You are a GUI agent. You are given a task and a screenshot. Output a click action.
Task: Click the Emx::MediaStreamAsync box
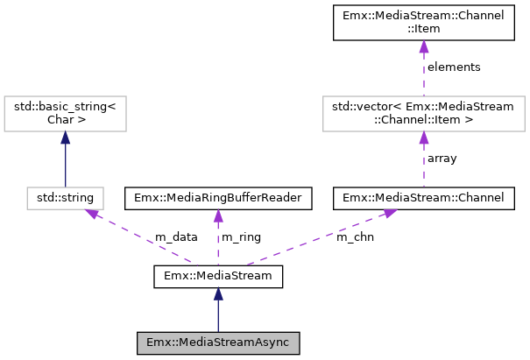click(218, 342)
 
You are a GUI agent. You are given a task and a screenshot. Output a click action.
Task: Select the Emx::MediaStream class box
click(218, 276)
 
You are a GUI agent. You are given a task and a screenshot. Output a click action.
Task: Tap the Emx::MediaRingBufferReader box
click(218, 198)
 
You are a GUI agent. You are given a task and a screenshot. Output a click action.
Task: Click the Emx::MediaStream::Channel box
click(424, 198)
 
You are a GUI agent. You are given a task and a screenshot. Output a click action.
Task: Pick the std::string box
click(66, 198)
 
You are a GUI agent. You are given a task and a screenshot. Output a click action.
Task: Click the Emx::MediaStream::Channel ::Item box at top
click(424, 23)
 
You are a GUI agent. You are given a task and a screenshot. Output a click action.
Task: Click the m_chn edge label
click(355, 237)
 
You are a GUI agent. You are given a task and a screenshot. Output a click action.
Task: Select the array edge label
click(442, 159)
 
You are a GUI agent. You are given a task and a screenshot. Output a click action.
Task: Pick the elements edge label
click(453, 67)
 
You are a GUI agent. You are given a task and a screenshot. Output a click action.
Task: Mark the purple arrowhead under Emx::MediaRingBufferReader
click(218, 215)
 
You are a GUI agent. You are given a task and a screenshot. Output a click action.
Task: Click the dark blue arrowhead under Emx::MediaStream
click(218, 295)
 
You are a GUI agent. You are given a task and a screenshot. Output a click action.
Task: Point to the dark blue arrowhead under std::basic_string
click(66, 138)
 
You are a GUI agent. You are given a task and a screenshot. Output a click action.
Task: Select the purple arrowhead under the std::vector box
click(424, 138)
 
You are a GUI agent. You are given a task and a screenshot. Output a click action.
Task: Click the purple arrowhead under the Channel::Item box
click(424, 48)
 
